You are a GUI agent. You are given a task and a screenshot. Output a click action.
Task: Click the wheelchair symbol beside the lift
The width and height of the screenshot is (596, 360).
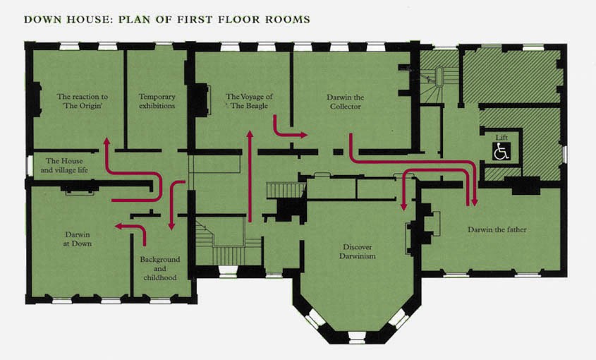[501, 151]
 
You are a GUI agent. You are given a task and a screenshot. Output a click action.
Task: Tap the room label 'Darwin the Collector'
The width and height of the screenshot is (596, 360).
[345, 102]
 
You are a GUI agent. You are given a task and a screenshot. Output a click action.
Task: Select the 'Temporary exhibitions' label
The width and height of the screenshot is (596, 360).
[157, 101]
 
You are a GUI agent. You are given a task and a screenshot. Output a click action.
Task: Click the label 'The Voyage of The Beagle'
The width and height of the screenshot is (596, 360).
[249, 101]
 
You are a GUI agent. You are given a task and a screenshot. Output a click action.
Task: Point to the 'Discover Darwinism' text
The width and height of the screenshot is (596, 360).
[358, 251]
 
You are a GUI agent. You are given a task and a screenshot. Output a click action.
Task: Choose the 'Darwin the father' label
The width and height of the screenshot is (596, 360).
[497, 229]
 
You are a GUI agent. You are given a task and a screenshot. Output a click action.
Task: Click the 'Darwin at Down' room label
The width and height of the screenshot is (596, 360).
[78, 239]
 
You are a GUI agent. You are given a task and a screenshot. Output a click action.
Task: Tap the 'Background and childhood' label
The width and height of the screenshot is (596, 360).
[159, 268]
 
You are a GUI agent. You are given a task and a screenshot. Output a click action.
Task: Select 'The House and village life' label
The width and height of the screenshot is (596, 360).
[64, 166]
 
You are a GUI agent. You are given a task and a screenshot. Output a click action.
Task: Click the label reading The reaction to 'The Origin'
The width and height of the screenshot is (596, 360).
[82, 101]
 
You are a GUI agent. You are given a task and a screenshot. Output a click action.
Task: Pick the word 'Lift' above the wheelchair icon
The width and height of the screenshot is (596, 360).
[501, 138]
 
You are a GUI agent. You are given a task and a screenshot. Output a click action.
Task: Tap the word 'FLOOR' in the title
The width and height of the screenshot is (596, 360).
[238, 19]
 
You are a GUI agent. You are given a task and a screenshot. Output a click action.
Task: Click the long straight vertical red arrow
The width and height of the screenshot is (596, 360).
[250, 176]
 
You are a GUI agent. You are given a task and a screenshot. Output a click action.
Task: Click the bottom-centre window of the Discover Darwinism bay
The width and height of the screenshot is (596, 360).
[356, 335]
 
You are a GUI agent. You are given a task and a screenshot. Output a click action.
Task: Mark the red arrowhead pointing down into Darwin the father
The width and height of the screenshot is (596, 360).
[474, 203]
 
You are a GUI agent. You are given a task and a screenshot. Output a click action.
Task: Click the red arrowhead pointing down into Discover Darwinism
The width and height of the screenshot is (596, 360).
[403, 207]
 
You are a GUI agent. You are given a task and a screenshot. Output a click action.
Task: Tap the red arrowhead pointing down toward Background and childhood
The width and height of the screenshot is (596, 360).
[171, 226]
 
